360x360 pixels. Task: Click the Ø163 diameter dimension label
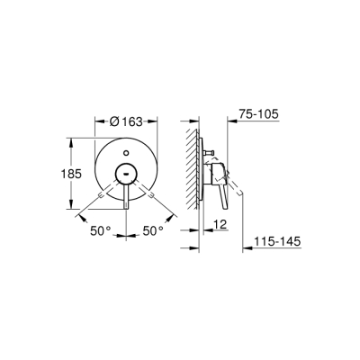139,120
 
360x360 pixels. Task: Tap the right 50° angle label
153,231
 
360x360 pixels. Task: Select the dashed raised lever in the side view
237,184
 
